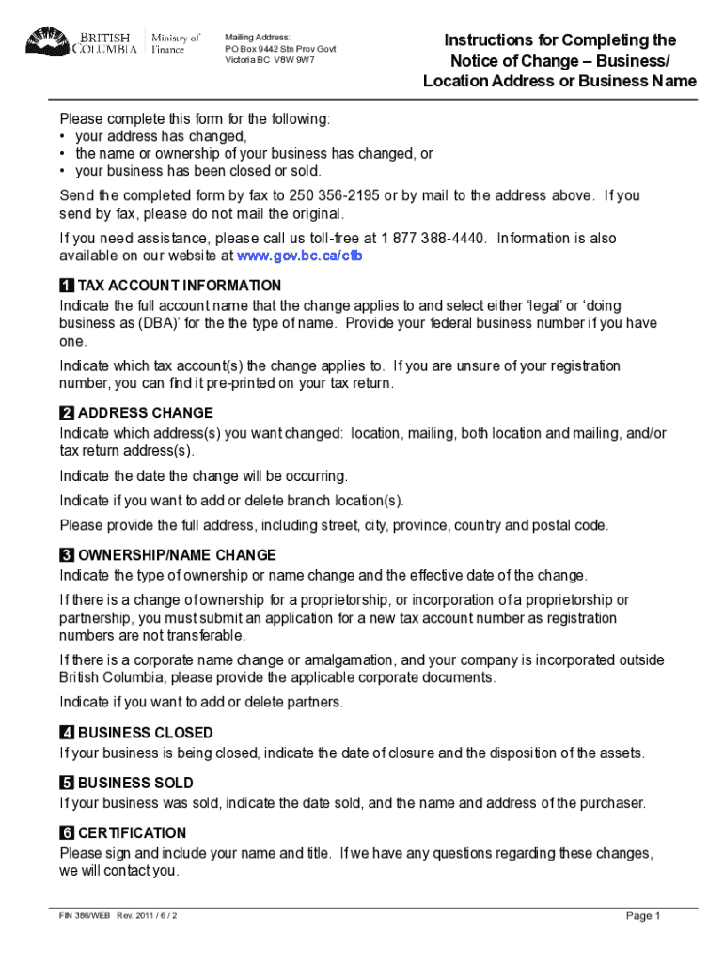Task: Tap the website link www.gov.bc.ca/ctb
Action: tap(299, 256)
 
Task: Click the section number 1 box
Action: tap(67, 286)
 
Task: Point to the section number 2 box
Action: tap(67, 413)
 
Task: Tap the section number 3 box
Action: tap(67, 555)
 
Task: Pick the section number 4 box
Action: tap(67, 733)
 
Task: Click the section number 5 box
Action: tap(67, 783)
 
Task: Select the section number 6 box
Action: tap(67, 833)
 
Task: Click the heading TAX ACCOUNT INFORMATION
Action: tap(180, 286)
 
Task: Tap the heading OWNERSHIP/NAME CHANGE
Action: tap(177, 555)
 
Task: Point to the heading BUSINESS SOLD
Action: tap(135, 783)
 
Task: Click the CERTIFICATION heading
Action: tap(133, 833)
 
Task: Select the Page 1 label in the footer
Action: tap(644, 916)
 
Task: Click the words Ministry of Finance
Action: tap(176, 43)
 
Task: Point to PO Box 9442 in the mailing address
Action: tap(253, 49)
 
